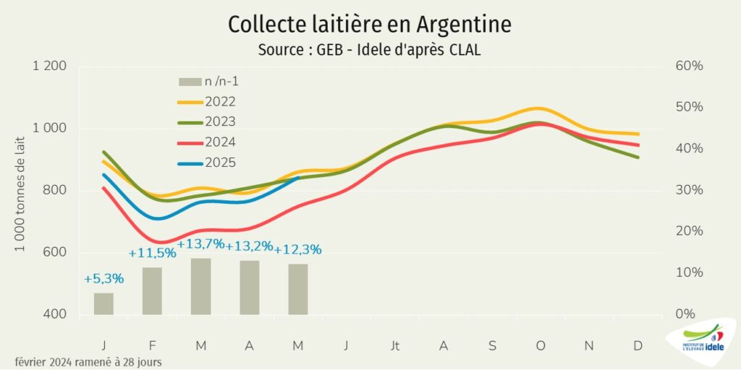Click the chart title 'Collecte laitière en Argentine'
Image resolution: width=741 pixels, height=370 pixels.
370,24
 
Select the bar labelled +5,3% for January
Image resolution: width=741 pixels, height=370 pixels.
103,304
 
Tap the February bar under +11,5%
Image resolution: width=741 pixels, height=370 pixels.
152,291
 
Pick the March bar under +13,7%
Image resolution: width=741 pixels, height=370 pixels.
200,286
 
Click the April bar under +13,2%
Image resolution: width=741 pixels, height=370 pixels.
250,288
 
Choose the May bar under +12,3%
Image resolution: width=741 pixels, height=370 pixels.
298,289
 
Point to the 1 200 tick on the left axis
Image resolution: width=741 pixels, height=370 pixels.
50,66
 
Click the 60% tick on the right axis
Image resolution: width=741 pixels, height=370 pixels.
689,66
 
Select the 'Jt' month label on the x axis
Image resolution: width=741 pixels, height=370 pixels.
395,346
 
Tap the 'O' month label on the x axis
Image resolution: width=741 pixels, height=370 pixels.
541,346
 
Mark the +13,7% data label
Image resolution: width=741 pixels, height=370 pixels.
200,244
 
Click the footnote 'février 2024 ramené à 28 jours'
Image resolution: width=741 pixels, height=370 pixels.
88,361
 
